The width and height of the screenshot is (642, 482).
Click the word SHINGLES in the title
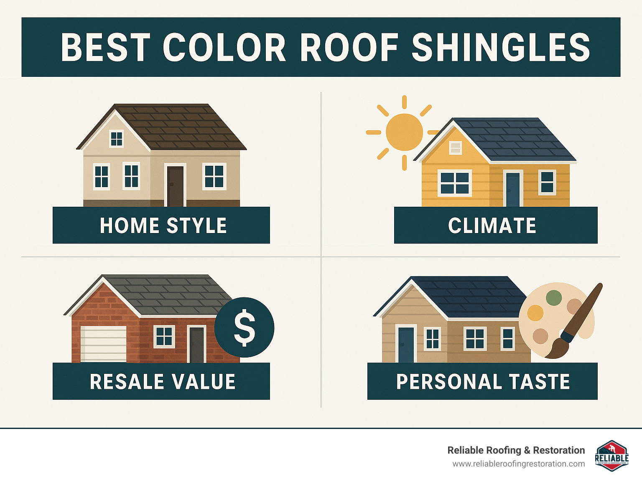[x=501, y=48]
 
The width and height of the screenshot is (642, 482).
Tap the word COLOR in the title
[x=224, y=48]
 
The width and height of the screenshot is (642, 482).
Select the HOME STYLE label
[x=163, y=226]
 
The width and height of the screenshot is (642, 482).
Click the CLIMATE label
[x=492, y=226]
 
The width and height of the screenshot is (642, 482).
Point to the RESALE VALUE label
[x=163, y=382]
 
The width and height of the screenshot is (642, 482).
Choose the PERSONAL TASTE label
[x=483, y=382]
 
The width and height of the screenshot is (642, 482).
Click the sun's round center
[x=404, y=132]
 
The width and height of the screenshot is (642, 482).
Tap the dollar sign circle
[x=245, y=327]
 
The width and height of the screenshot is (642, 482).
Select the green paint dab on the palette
[x=553, y=298]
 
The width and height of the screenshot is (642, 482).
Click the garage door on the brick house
[x=103, y=343]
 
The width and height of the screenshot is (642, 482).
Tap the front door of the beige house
[x=175, y=186]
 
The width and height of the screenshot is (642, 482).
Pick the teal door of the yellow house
[x=513, y=189]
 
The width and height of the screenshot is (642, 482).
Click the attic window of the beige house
[x=116, y=139]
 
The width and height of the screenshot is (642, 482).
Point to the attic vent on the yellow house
[x=455, y=147]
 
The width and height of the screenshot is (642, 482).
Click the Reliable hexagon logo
[x=611, y=456]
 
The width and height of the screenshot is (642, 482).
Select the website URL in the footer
[x=518, y=464]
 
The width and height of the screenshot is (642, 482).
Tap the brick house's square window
[x=164, y=337]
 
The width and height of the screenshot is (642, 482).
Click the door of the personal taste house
[x=406, y=345]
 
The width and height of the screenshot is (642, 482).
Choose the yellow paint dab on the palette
[x=535, y=312]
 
